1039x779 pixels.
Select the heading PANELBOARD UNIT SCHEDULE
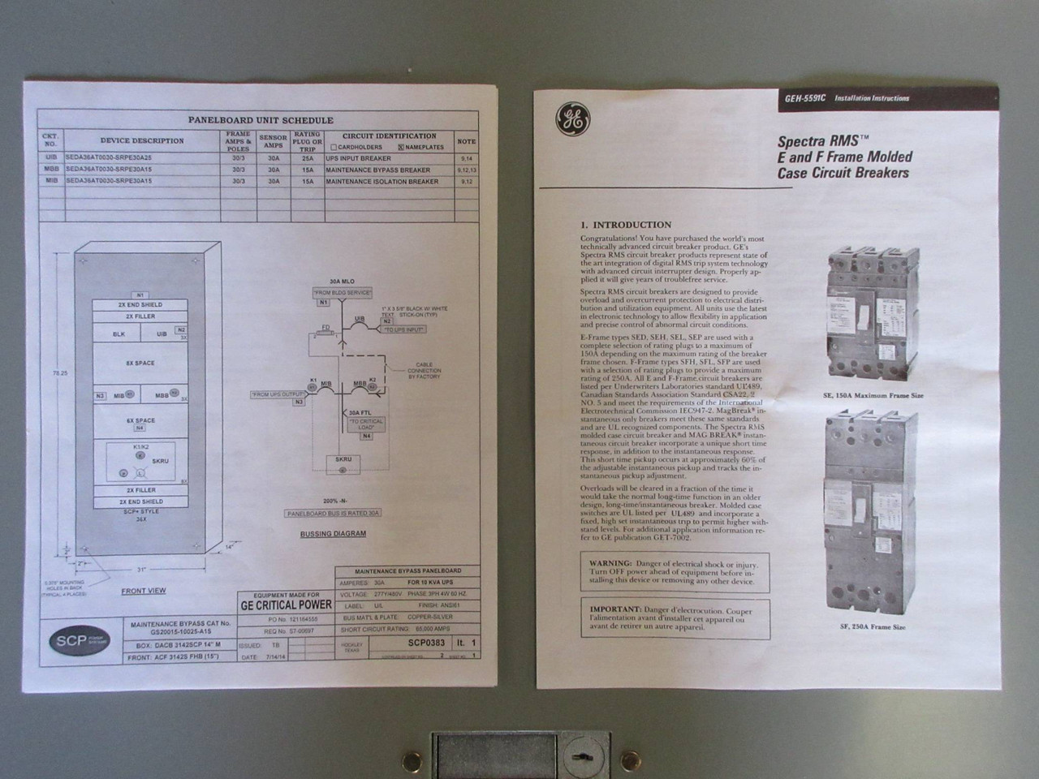(x=261, y=120)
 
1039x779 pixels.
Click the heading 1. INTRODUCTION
(x=626, y=225)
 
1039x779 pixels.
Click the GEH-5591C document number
(x=805, y=98)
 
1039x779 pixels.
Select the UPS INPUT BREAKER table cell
(x=358, y=159)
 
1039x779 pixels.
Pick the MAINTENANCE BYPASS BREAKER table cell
(x=377, y=170)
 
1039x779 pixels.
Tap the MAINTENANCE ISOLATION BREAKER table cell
(x=382, y=182)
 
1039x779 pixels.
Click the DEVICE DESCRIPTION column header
(x=142, y=140)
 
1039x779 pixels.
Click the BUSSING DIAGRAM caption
(x=333, y=534)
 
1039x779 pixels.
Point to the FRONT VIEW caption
(x=144, y=591)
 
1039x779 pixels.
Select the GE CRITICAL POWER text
(x=286, y=605)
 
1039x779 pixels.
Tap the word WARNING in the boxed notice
(x=610, y=563)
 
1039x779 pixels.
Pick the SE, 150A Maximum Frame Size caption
(x=872, y=396)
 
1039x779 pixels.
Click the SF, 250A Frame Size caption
(x=872, y=627)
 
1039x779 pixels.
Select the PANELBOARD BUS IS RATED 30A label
(x=333, y=514)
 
